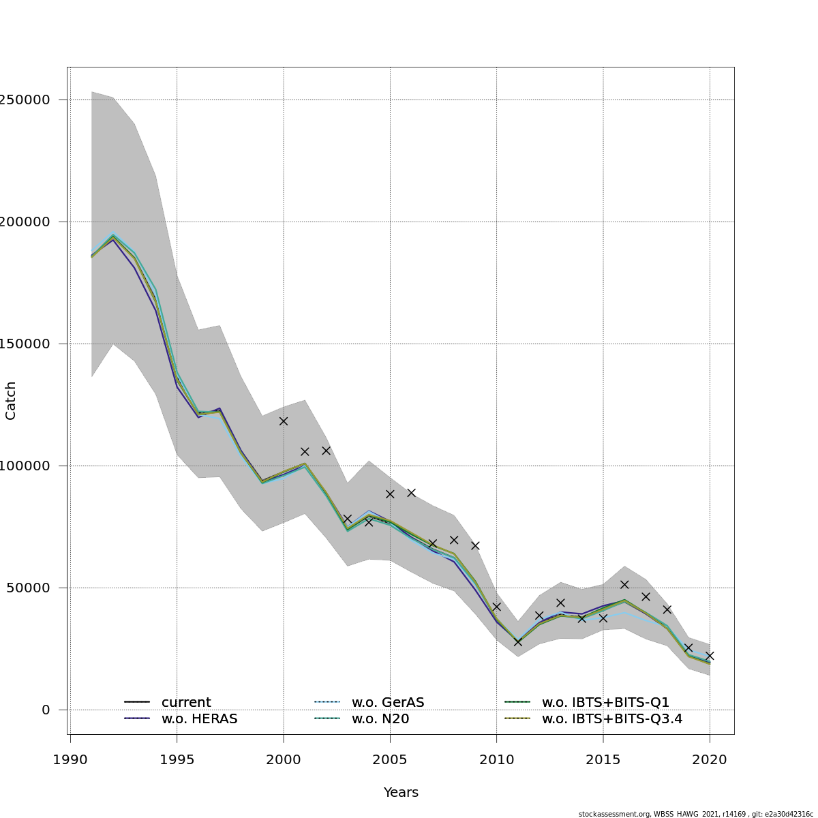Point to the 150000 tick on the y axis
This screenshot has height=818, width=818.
(27, 344)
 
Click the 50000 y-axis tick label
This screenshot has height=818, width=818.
(31, 588)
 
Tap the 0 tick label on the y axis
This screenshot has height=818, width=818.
(46, 710)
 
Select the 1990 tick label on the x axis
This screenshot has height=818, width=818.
(70, 759)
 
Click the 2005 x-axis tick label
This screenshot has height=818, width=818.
(390, 759)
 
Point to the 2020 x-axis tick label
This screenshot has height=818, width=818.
(710, 759)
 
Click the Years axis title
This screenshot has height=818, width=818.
(401, 792)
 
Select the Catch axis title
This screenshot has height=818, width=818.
(11, 401)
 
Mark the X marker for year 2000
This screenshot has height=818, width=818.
(284, 421)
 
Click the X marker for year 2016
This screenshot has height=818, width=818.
(624, 584)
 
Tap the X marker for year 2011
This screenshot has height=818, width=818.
(518, 642)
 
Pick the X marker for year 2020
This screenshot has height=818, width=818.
(710, 656)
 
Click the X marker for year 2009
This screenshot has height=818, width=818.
(475, 545)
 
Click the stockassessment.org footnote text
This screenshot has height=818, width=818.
(695, 814)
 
